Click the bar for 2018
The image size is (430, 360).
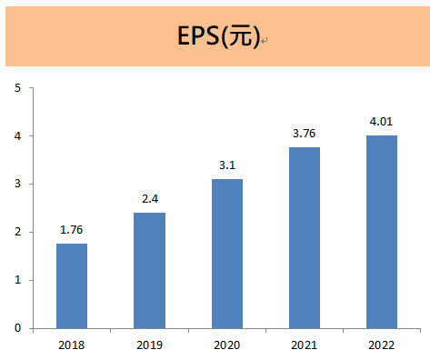pyautogui.click(x=72, y=285)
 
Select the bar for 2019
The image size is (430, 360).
pyautogui.click(x=149, y=270)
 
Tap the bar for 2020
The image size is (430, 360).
pyautogui.click(x=227, y=254)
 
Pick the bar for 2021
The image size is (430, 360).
pyautogui.click(x=305, y=237)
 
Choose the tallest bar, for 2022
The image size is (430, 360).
pyautogui.click(x=382, y=232)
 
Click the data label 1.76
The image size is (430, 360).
pyautogui.click(x=72, y=231)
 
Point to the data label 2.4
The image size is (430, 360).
pyautogui.click(x=149, y=200)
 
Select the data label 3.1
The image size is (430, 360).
pyautogui.click(x=227, y=166)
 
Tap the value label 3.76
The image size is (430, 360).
pyautogui.click(x=305, y=135)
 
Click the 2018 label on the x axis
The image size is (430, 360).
pyautogui.click(x=72, y=345)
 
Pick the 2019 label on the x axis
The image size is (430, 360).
pyautogui.click(x=149, y=345)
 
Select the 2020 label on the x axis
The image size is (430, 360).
pyautogui.click(x=227, y=345)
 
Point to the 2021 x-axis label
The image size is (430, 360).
pyautogui.click(x=305, y=345)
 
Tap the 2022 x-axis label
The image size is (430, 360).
pyautogui.click(x=382, y=345)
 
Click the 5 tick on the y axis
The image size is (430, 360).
pyautogui.click(x=17, y=88)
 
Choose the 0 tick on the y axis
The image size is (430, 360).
pyautogui.click(x=17, y=328)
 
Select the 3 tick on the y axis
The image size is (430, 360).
pyautogui.click(x=17, y=185)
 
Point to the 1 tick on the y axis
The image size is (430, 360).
pyautogui.click(x=17, y=280)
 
